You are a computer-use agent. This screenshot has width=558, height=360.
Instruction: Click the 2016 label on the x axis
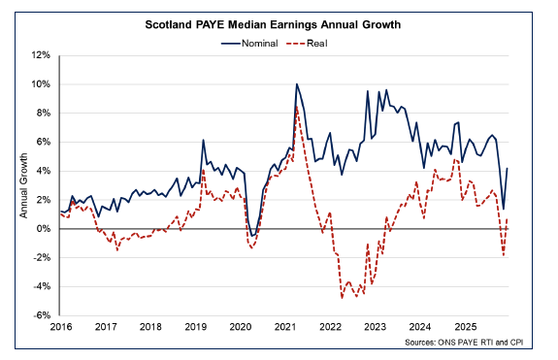[60, 328]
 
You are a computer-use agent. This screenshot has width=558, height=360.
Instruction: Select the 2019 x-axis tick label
[195, 328]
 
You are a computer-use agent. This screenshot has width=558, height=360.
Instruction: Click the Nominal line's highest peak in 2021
[297, 84]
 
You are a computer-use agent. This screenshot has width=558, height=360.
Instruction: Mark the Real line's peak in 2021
[297, 107]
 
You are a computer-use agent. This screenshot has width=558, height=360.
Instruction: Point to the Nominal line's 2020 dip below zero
[252, 236]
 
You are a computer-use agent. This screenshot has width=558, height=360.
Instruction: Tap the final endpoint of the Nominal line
[509, 168]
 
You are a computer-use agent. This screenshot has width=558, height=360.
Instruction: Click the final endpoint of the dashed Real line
[509, 219]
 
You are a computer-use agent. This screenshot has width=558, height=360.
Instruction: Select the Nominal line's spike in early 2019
[203, 140]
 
